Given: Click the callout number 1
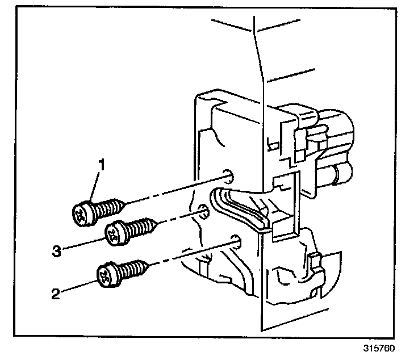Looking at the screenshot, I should (102, 165).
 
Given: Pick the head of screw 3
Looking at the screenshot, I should (115, 233).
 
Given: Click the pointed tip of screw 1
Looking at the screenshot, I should (124, 201).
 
